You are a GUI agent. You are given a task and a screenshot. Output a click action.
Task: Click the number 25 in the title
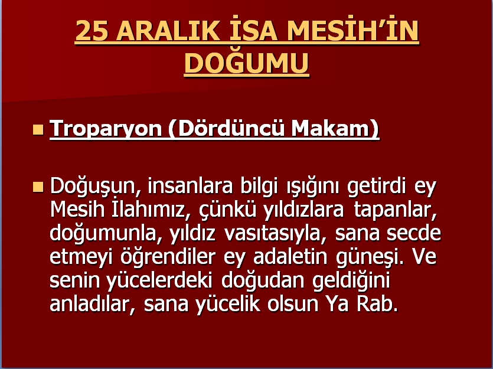click(x=92, y=31)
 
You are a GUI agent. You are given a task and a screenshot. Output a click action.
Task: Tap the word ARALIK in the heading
click(x=168, y=31)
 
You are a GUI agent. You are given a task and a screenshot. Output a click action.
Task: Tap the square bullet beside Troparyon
click(x=38, y=130)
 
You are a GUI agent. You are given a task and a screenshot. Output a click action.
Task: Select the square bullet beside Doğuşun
click(x=38, y=187)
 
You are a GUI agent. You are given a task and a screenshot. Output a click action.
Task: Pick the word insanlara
click(x=190, y=186)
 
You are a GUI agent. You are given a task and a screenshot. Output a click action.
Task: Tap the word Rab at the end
click(x=377, y=303)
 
